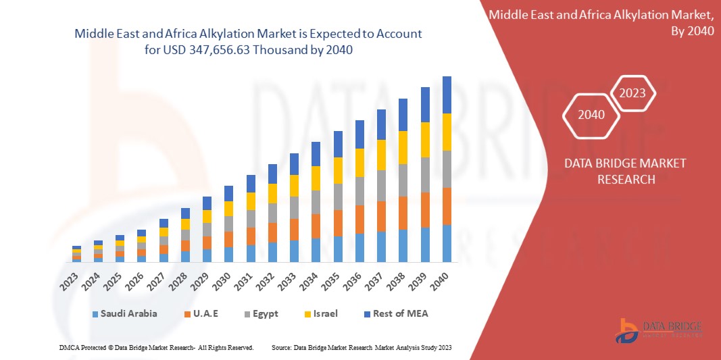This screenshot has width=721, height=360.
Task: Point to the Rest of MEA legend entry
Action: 396,313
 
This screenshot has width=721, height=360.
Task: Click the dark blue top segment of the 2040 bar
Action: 447,95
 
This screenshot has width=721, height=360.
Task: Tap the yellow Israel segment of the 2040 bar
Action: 447,132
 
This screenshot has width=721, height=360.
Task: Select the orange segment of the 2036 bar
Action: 359,219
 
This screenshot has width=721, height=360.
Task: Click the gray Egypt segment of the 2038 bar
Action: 403,180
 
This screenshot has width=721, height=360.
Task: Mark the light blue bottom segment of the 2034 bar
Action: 316,250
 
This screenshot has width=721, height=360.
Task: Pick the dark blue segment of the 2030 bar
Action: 229,193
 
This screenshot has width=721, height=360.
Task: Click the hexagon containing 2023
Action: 632,93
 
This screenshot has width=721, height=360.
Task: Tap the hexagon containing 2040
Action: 592,115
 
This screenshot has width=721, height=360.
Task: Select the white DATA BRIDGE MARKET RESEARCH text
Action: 615,172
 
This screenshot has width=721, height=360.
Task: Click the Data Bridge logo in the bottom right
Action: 660,329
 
